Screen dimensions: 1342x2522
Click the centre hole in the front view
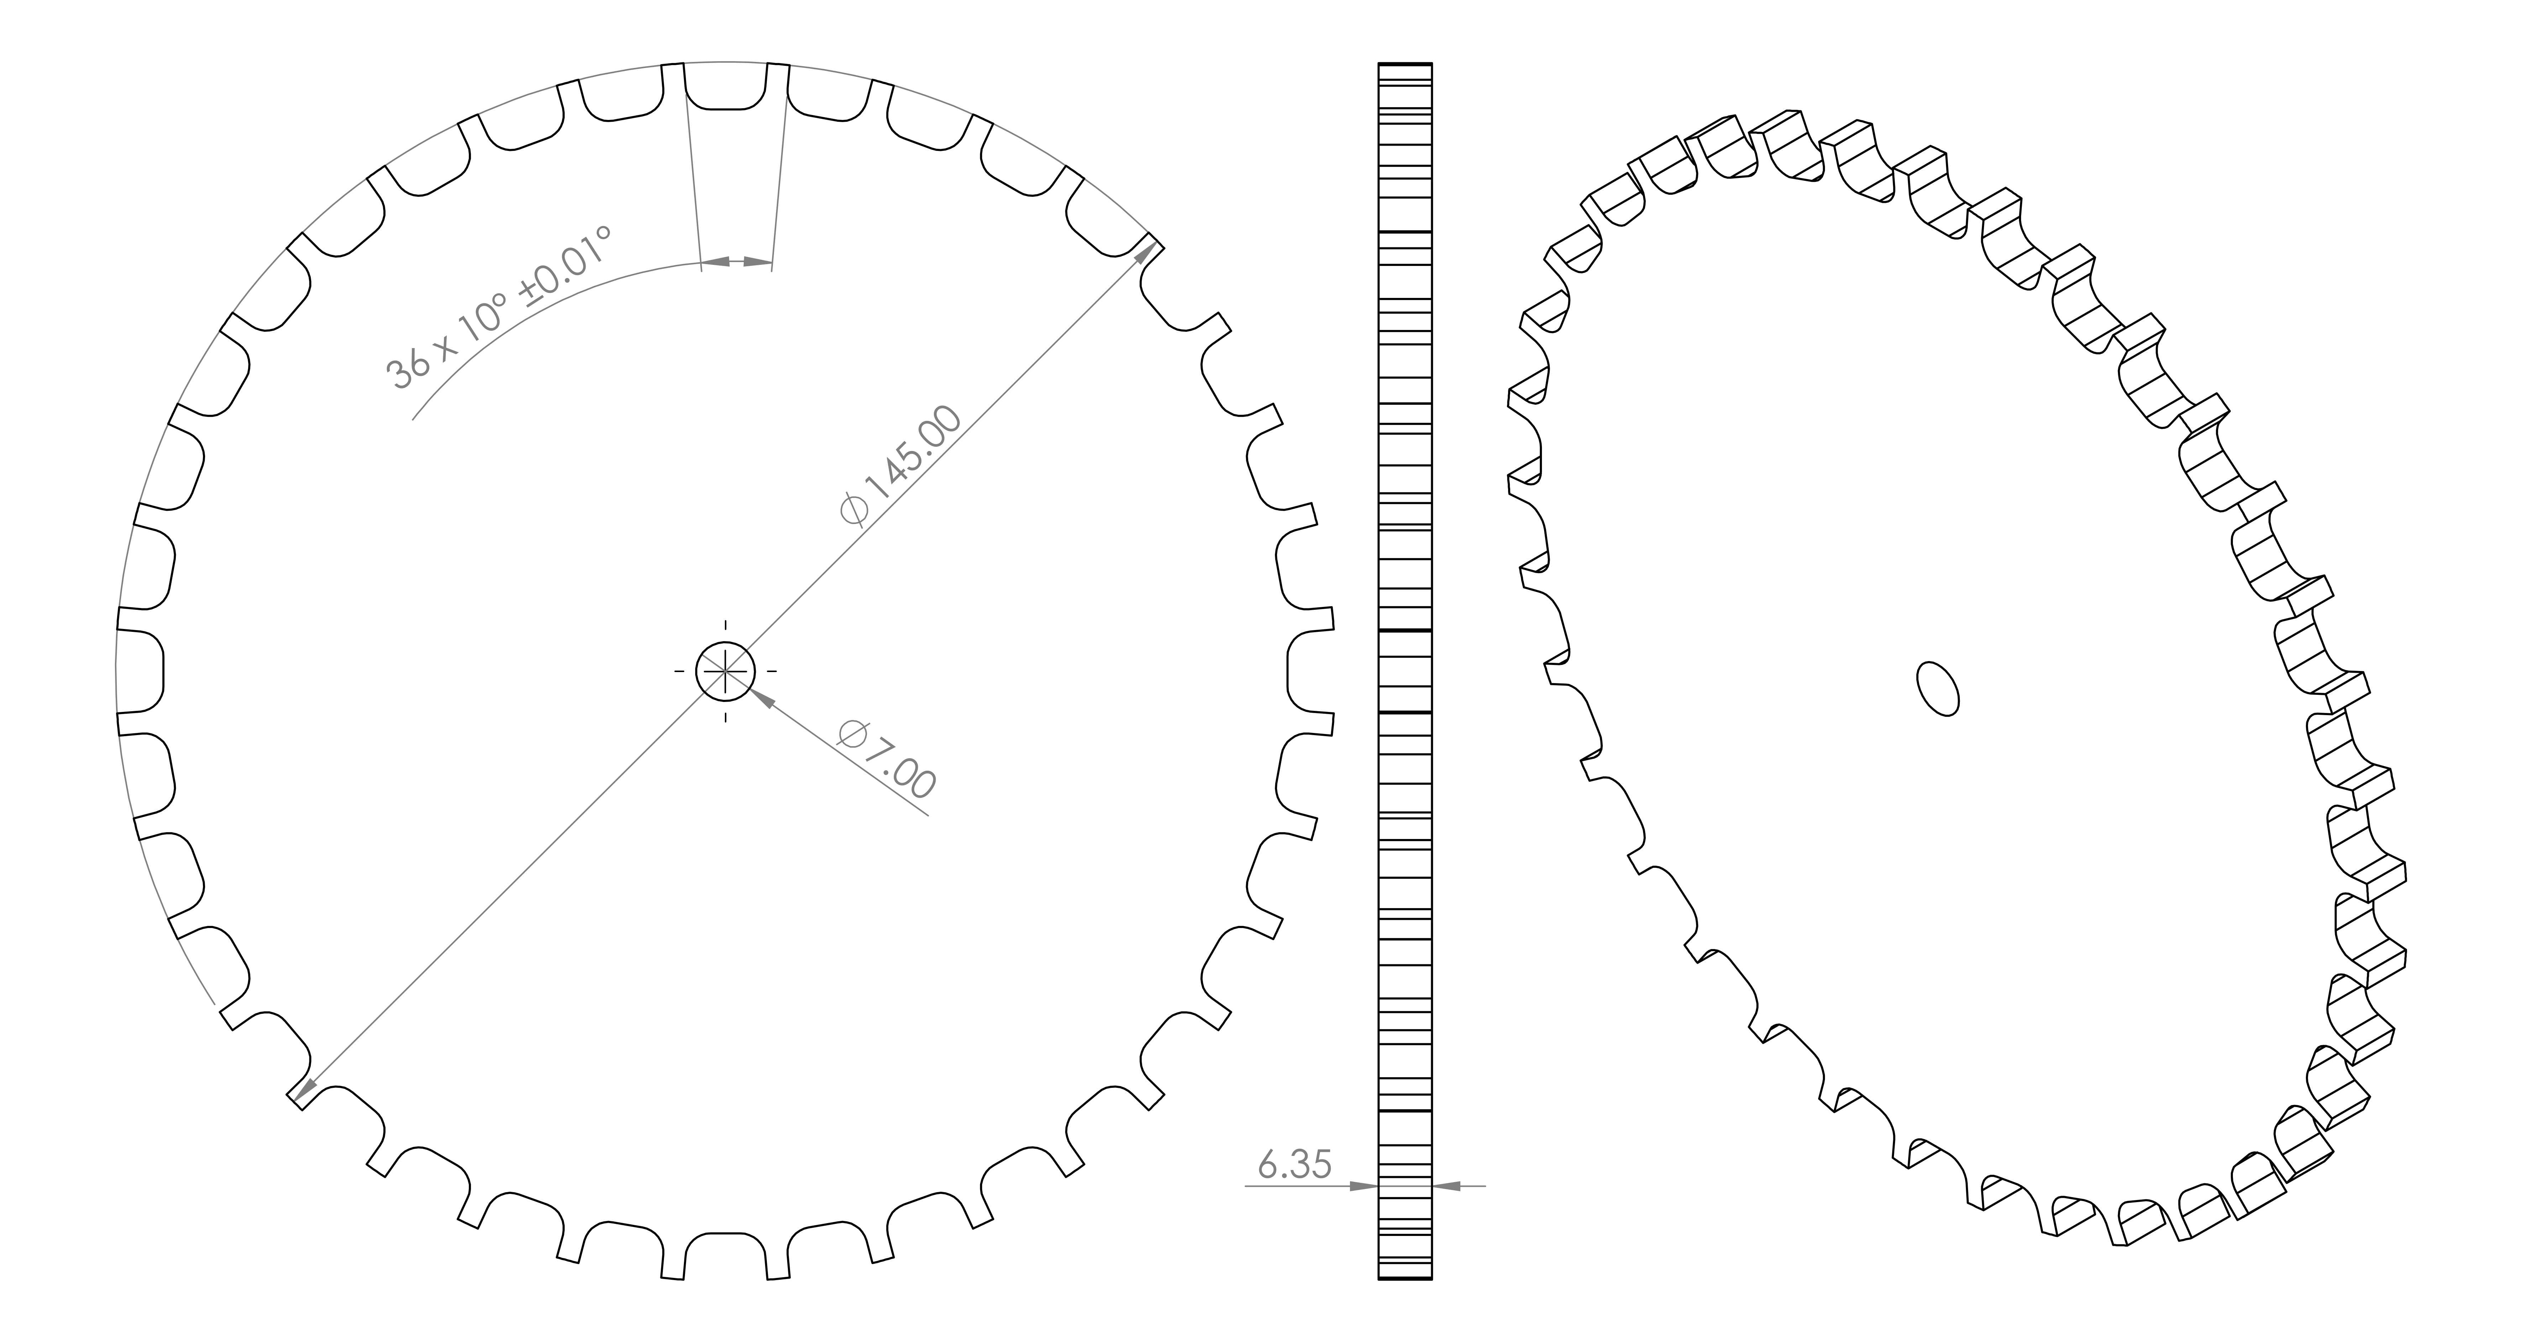726,671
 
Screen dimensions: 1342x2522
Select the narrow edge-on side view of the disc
1405,671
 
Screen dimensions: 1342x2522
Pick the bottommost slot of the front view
726,1256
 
